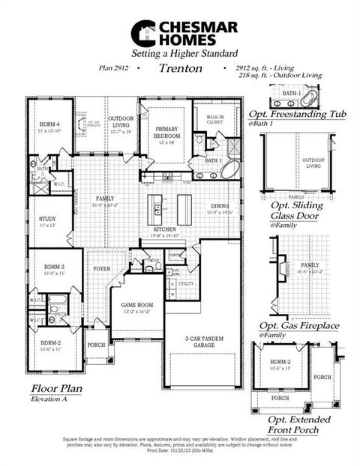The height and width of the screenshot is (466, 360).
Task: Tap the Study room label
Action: pos(47,220)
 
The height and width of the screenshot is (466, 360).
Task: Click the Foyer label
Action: pos(103,267)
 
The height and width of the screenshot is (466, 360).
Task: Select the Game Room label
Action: pos(141,305)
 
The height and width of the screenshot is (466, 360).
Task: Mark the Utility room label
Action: pos(185,285)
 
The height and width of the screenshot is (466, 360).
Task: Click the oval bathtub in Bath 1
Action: pos(229,169)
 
